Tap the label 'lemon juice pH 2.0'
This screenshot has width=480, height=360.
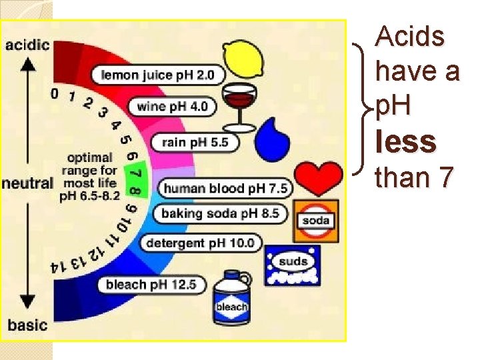pyautogui.click(x=157, y=75)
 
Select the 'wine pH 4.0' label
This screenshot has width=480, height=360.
pyautogui.click(x=172, y=106)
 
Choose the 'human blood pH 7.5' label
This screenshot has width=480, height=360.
pyautogui.click(x=225, y=189)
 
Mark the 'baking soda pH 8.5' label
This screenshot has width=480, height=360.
pyautogui.click(x=220, y=214)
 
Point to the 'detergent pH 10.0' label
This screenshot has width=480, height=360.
pyautogui.click(x=200, y=243)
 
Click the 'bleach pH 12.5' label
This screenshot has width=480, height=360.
pyautogui.click(x=151, y=285)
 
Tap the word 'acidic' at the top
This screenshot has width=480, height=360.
pyautogui.click(x=27, y=45)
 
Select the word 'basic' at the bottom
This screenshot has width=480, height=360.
pyautogui.click(x=27, y=325)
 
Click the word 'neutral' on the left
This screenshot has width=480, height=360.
pyautogui.click(x=27, y=183)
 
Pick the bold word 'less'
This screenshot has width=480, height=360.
pyautogui.click(x=406, y=141)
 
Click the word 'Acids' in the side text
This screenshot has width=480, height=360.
pyautogui.click(x=410, y=37)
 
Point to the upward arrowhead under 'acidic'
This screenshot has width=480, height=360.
pyautogui.click(x=28, y=65)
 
